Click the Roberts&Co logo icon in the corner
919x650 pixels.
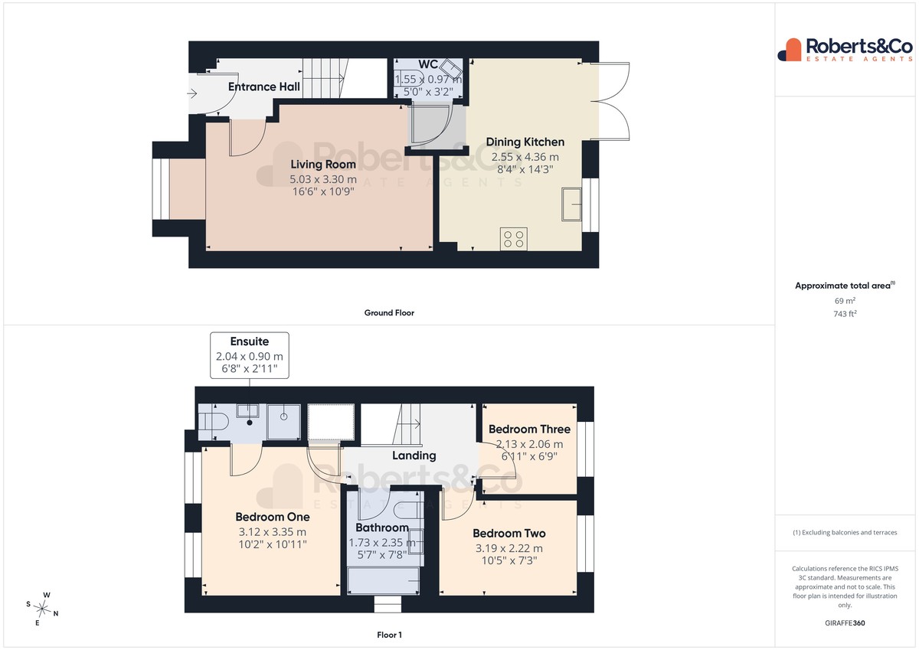[790, 50]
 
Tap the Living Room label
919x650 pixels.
[323, 165]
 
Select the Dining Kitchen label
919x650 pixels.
[525, 142]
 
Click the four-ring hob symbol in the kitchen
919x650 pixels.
[514, 239]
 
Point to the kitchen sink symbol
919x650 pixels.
[571, 204]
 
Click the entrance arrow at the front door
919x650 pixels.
[192, 93]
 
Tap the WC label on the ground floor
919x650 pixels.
[428, 64]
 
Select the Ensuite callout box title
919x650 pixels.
[250, 341]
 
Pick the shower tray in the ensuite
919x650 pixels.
[283, 422]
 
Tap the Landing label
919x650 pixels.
[414, 456]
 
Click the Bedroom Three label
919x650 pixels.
[529, 430]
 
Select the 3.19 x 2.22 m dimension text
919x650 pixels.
[509, 548]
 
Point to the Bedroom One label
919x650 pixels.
[273, 517]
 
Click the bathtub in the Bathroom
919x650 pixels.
[383, 580]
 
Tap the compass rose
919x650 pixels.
[42, 609]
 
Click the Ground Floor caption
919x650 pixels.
[389, 313]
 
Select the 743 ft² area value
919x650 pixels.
[845, 314]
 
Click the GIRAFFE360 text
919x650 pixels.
[845, 623]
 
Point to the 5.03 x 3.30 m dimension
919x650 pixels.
[323, 179]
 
